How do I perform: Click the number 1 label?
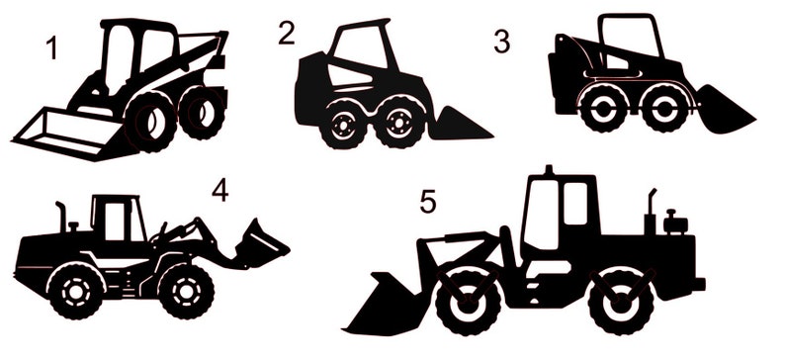[51, 46]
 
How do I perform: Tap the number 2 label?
[287, 33]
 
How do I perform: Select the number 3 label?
[502, 43]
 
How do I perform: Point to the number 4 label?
[219, 189]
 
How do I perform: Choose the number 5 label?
[427, 202]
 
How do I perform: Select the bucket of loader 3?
[727, 110]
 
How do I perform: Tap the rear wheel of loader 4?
[76, 289]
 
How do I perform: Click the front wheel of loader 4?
[185, 289]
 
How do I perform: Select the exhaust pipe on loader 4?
[61, 216]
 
